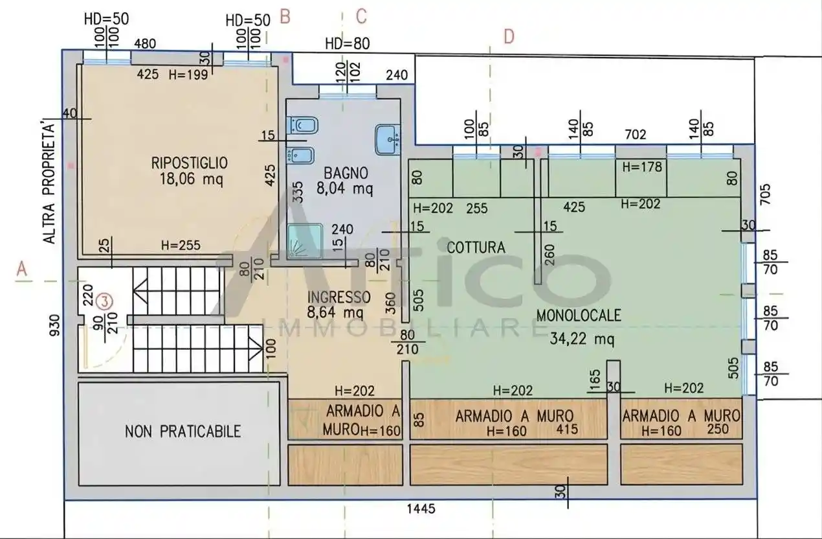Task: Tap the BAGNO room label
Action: coord(346,173)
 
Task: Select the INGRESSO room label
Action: coord(339,297)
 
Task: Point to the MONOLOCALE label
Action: coord(578,315)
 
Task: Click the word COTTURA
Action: coord(476,247)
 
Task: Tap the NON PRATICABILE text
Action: coord(183,431)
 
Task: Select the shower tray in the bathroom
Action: coord(303,240)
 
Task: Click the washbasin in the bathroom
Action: coord(388,136)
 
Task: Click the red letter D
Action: coord(509,38)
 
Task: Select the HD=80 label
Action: coord(347,44)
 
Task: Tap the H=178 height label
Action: coord(642,166)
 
